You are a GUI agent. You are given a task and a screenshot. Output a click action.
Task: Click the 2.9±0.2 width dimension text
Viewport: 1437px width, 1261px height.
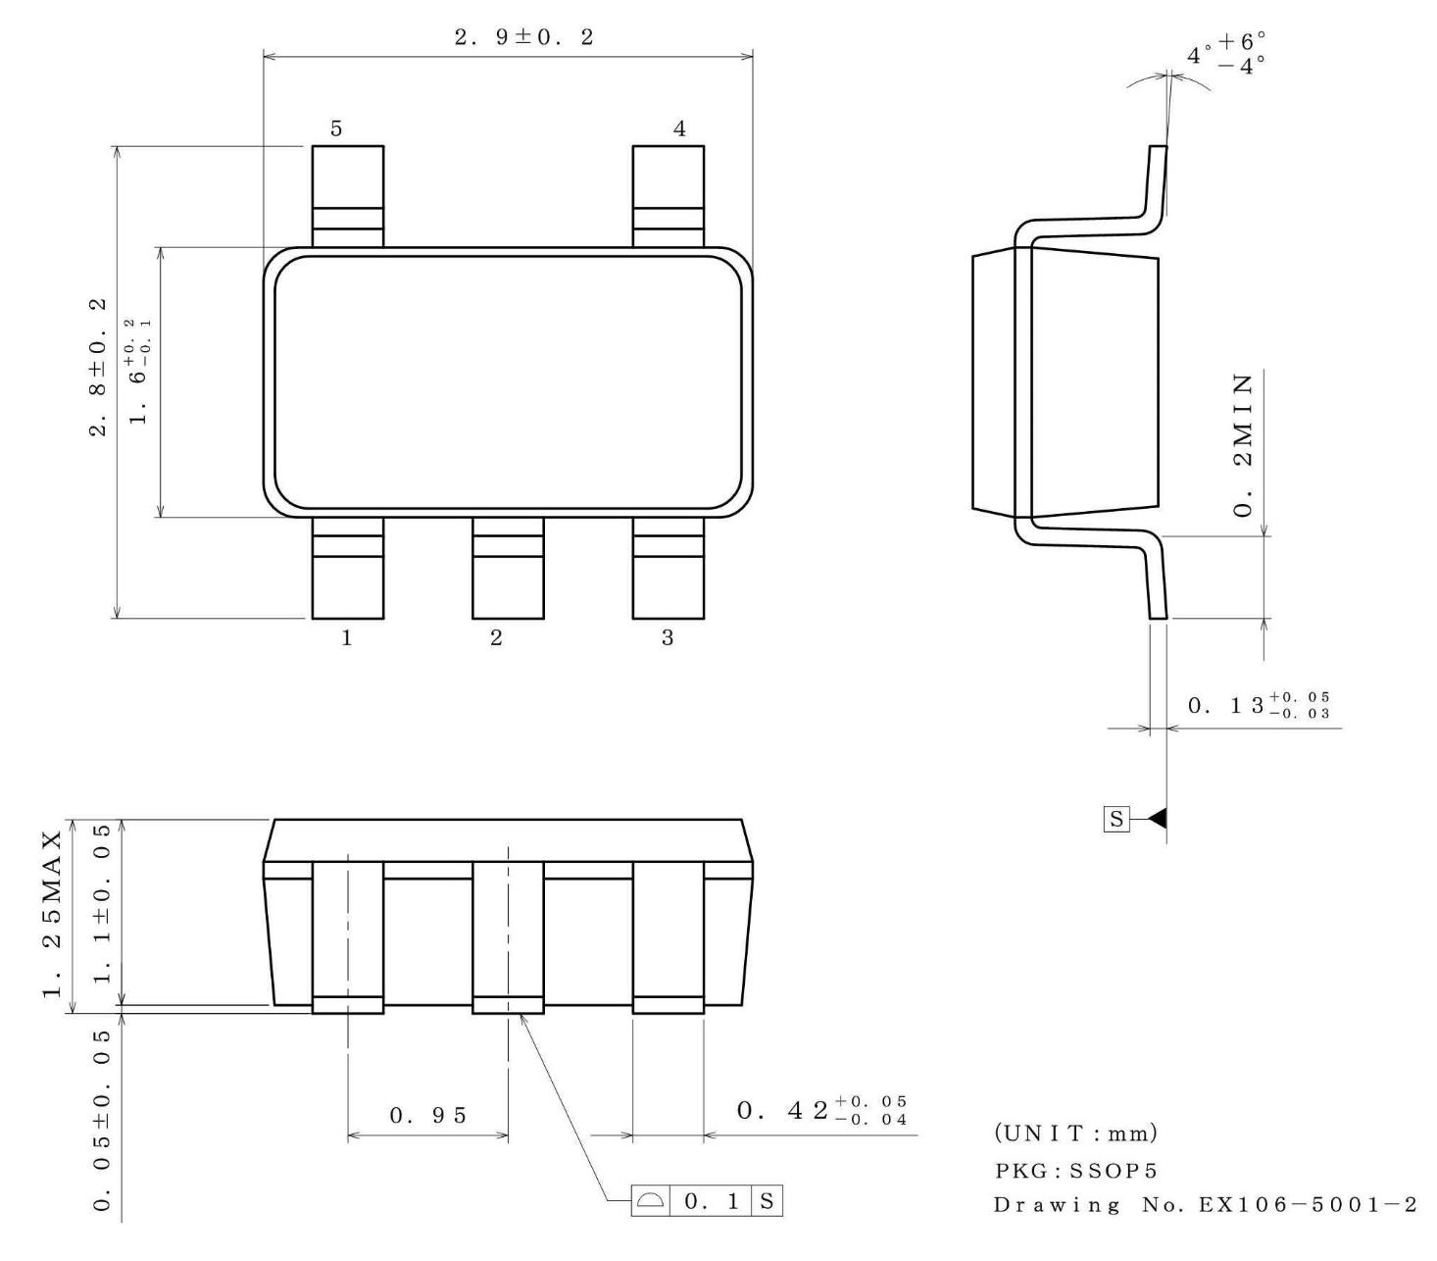point(522,37)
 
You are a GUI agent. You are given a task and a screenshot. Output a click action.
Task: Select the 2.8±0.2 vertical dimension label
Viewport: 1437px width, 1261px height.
point(98,367)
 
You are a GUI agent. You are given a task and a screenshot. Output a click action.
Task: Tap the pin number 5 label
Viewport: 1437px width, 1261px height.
point(335,128)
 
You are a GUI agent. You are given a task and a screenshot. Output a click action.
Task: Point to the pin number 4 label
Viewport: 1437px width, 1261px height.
point(678,128)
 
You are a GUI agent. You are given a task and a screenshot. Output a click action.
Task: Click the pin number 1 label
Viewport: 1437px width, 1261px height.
point(346,637)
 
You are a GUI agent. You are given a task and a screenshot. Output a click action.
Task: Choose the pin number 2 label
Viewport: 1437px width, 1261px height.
point(496,637)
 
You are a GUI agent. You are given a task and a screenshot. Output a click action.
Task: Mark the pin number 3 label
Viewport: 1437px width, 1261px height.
point(667,637)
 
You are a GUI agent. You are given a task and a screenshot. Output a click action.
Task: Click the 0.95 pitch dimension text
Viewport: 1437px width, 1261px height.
point(427,1115)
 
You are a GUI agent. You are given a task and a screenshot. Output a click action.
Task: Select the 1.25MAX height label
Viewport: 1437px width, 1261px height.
point(52,915)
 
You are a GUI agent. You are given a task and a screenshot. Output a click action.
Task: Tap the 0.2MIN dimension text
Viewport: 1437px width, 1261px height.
point(1243,445)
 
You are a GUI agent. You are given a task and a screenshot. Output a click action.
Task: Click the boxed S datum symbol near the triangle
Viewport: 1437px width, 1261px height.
point(1116,819)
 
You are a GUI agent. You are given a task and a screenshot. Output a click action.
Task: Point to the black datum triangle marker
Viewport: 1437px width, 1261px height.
point(1158,819)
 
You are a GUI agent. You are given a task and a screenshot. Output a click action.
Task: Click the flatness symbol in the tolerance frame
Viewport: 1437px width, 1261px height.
point(650,1200)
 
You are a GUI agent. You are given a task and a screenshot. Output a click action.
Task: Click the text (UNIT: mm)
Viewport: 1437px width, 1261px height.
point(1075,1133)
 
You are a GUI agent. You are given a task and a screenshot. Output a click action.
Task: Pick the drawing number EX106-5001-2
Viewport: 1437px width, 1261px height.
point(1308,1204)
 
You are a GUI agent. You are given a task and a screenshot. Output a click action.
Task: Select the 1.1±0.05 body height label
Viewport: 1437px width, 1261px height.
point(102,903)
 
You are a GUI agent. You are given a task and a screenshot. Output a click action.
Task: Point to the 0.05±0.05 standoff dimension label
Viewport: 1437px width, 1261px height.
point(102,1121)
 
